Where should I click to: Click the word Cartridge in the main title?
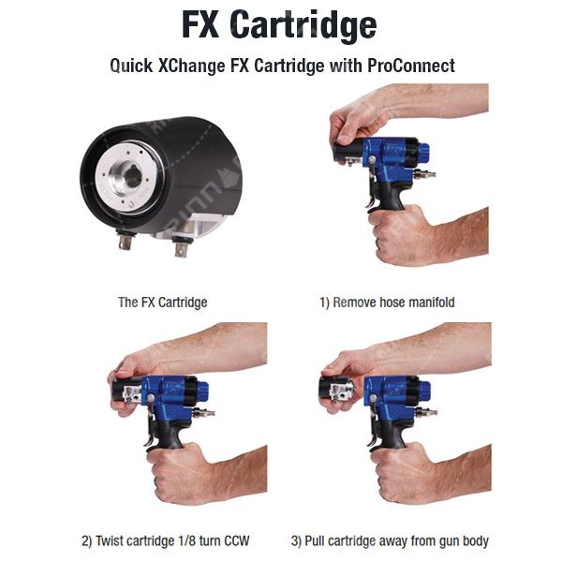click(x=305, y=25)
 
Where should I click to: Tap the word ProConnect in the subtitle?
click(x=411, y=66)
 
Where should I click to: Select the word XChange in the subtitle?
click(x=192, y=66)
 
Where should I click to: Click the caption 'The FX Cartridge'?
click(x=163, y=303)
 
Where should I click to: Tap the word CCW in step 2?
click(x=237, y=540)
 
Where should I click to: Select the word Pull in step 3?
click(x=315, y=540)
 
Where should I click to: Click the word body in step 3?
click(x=475, y=541)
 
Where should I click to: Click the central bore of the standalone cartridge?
click(x=133, y=177)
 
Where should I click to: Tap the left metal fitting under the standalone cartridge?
click(x=125, y=241)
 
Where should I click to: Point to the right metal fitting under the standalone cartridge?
click(x=181, y=246)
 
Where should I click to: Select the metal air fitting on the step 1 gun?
click(x=424, y=174)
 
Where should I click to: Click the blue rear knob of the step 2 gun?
click(x=202, y=391)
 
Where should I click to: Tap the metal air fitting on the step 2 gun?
click(x=203, y=412)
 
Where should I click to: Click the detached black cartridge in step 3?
click(x=333, y=389)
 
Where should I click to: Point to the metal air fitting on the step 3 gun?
click(x=425, y=412)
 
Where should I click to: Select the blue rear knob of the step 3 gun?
click(x=424, y=391)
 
